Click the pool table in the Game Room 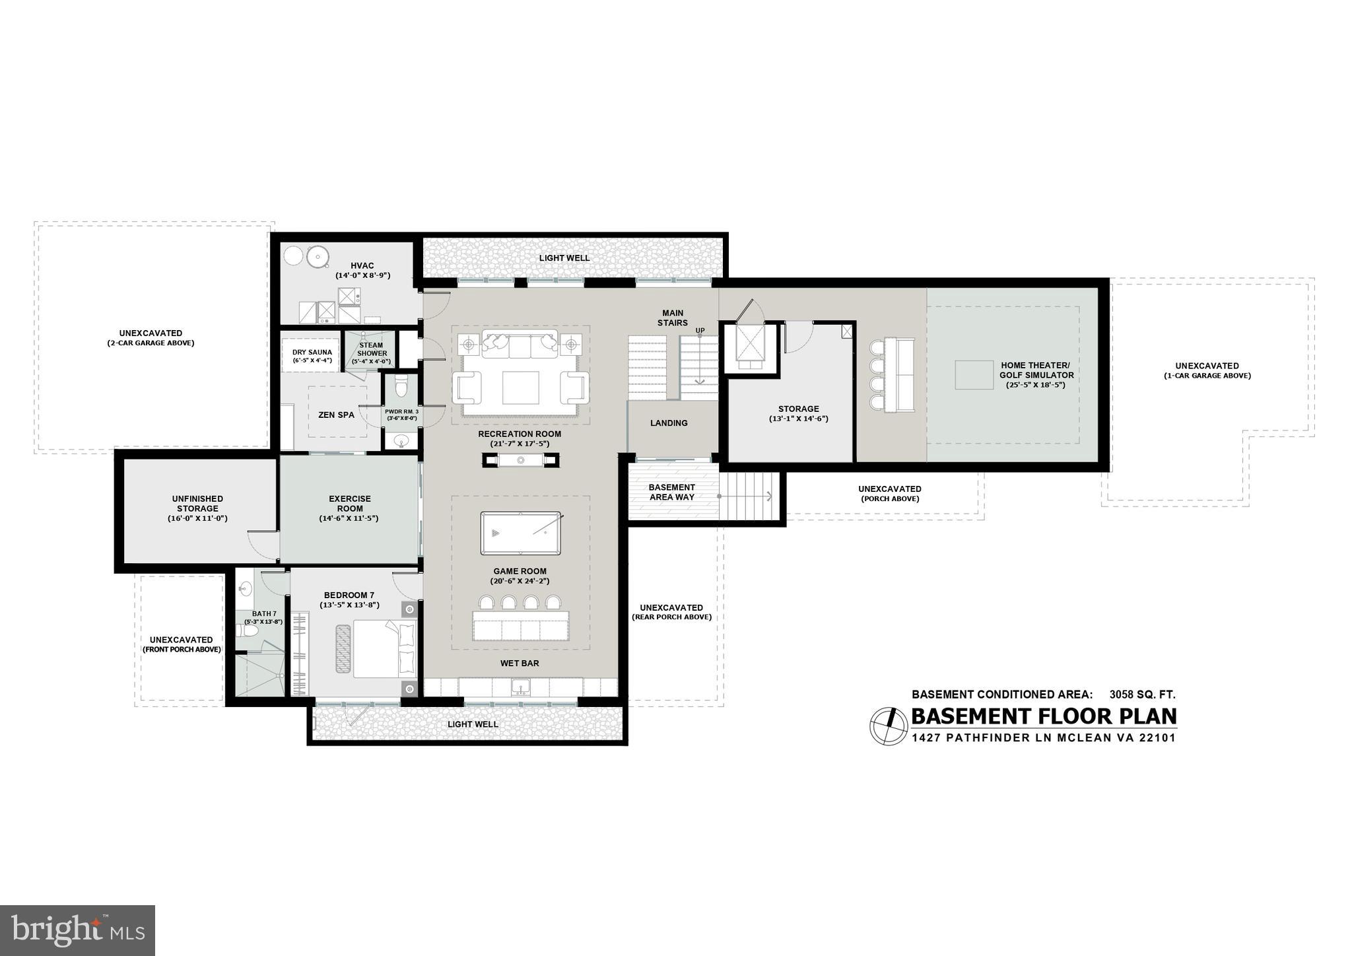click(x=521, y=533)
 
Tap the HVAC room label click(x=362, y=265)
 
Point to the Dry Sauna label click(x=312, y=352)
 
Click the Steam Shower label click(x=372, y=349)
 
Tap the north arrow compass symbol click(x=889, y=726)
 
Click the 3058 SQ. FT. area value click(x=1142, y=695)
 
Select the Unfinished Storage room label click(x=197, y=504)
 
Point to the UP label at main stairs click(x=700, y=330)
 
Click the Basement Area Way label click(x=671, y=492)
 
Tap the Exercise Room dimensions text click(x=350, y=518)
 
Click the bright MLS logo click(x=78, y=930)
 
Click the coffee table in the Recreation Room click(x=520, y=388)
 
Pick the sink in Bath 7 click(x=245, y=588)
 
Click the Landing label click(x=669, y=423)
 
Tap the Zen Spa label click(x=336, y=415)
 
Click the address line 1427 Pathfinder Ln click(x=1043, y=738)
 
